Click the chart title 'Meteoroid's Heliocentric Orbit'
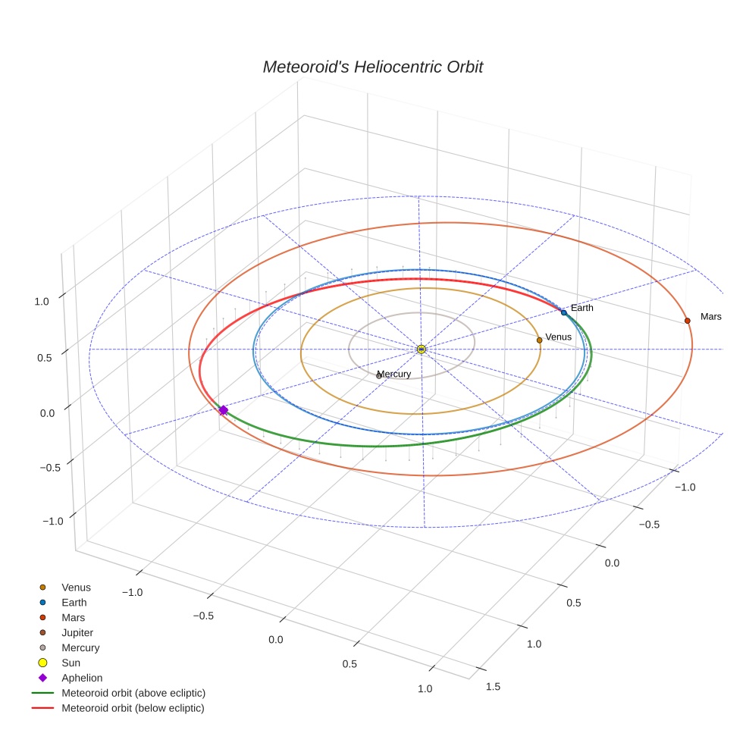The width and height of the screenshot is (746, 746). click(372, 67)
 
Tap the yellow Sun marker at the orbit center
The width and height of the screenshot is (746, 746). click(422, 349)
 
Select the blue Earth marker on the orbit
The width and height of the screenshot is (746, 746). click(563, 312)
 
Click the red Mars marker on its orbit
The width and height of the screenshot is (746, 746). click(688, 321)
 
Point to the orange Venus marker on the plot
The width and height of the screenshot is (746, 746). click(539, 340)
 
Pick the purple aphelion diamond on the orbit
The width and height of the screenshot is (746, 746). click(223, 410)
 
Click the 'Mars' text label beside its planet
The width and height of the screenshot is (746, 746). click(710, 316)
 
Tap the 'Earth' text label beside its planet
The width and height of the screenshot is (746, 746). click(582, 308)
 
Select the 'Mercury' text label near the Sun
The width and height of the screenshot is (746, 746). click(394, 374)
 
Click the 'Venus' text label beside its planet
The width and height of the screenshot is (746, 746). click(558, 337)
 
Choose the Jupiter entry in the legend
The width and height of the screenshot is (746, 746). click(77, 632)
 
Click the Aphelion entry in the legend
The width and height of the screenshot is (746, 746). click(81, 678)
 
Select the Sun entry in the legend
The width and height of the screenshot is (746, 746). click(71, 663)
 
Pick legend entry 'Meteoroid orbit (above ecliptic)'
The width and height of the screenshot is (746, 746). click(133, 693)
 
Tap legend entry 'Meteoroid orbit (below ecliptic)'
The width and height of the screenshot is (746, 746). click(133, 708)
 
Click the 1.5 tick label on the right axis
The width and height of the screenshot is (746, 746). click(492, 687)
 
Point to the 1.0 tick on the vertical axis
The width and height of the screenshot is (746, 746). click(42, 301)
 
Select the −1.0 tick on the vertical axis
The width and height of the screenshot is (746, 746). click(52, 521)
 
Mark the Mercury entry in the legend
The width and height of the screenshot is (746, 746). click(80, 647)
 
